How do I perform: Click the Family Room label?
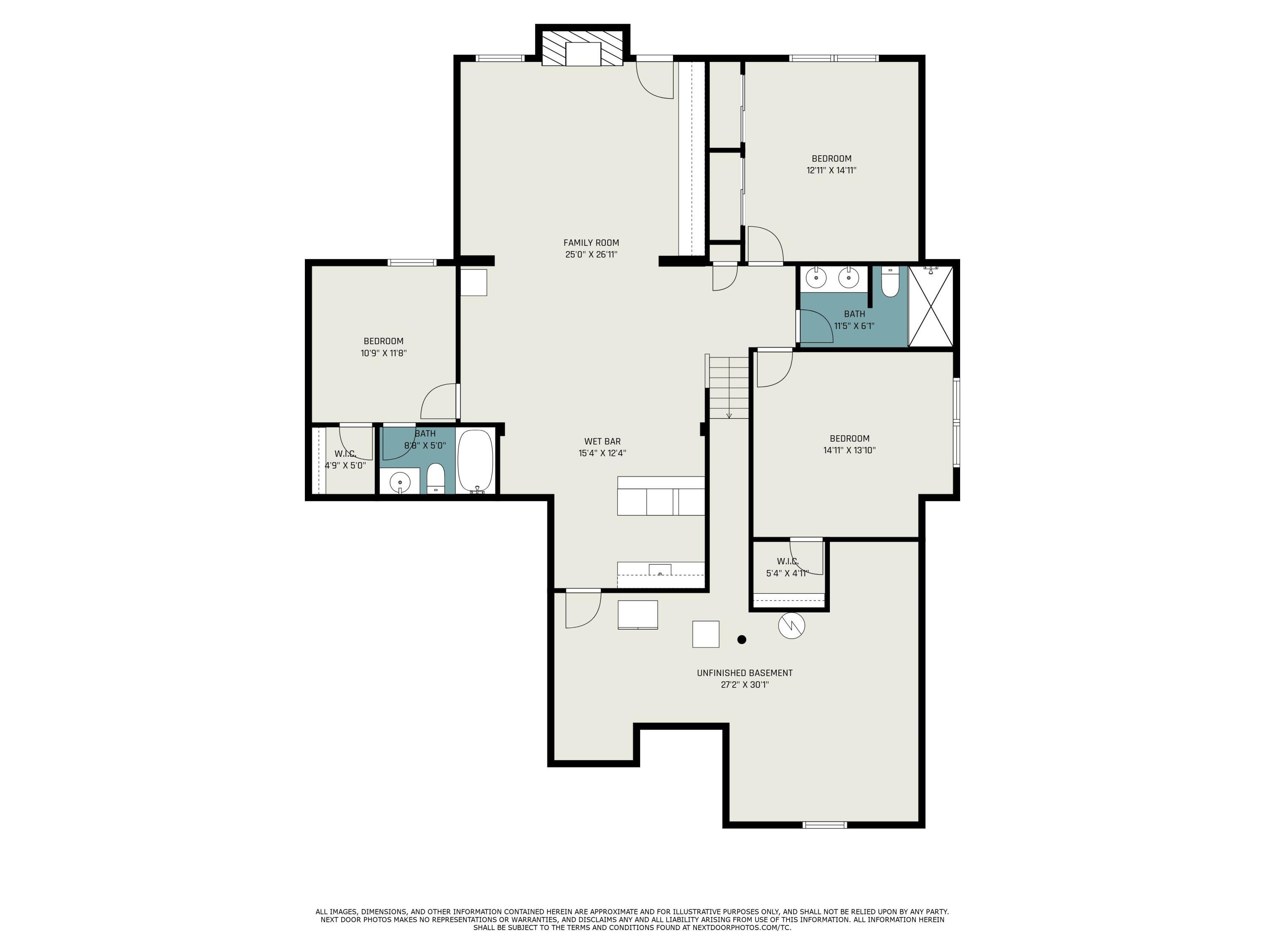[x=591, y=243]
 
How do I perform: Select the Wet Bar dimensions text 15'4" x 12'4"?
[x=602, y=453]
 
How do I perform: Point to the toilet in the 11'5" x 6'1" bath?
[x=890, y=283]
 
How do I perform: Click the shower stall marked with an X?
[x=931, y=306]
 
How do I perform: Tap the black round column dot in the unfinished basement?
[x=742, y=639]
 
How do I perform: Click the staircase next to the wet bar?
[x=729, y=387]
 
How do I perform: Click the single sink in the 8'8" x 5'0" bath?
[x=400, y=482]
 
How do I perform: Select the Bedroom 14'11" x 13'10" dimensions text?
[x=849, y=450]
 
